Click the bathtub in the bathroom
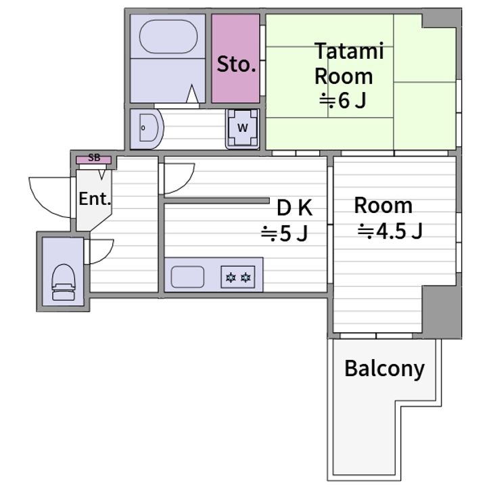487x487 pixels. [x=168, y=37]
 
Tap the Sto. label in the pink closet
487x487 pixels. [x=236, y=64]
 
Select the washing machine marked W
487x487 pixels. [x=243, y=127]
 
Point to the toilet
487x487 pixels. [x=64, y=282]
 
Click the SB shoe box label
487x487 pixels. [x=94, y=158]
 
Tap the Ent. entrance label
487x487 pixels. [x=95, y=199]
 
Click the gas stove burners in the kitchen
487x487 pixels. [x=238, y=277]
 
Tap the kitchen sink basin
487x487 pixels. [x=187, y=277]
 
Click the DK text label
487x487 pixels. [x=294, y=208]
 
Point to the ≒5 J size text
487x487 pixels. [x=284, y=233]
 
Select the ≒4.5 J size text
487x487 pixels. [x=390, y=231]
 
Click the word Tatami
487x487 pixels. [x=349, y=51]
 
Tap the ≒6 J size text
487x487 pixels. [x=342, y=101]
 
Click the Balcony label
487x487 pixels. [x=384, y=369]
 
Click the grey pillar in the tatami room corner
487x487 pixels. [x=441, y=19]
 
